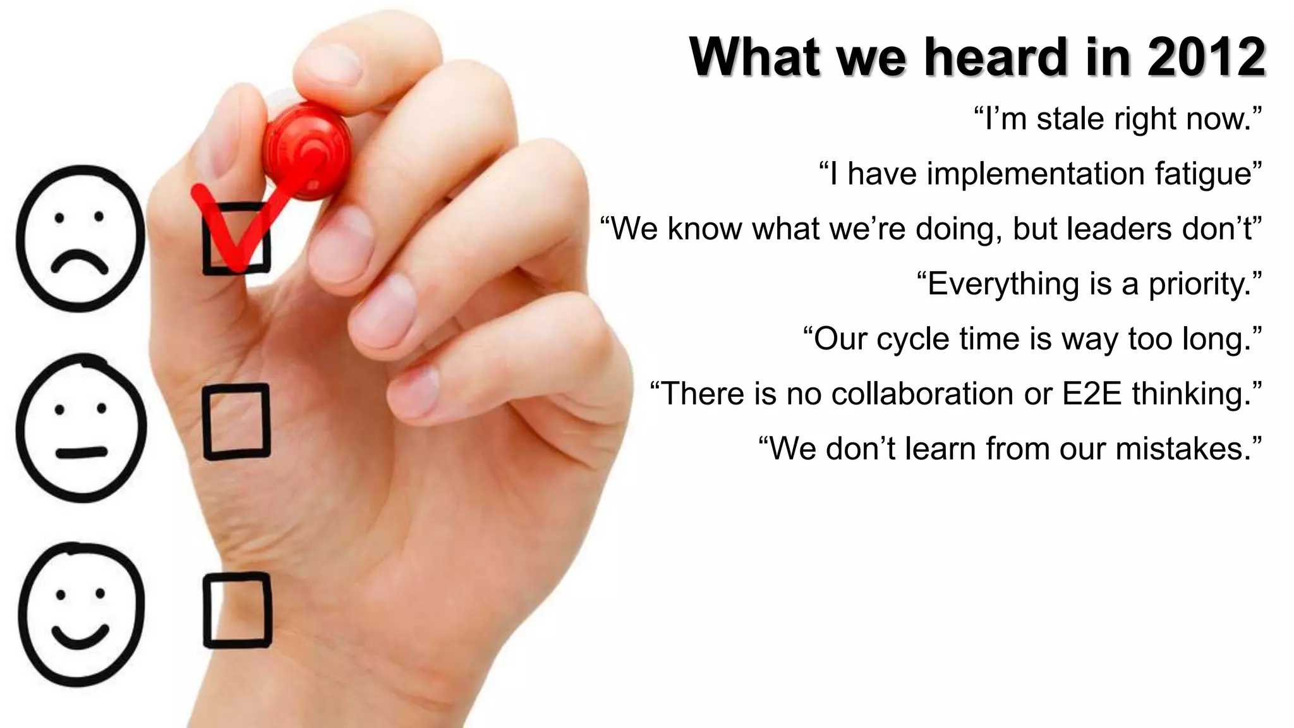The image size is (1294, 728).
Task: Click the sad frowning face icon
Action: pos(80,238)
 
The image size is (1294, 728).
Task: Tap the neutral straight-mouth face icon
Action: pos(81,428)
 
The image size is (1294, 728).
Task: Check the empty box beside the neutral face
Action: pos(236,422)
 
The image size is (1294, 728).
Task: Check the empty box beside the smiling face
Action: pos(237,610)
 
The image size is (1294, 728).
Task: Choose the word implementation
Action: pos(1036,174)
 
